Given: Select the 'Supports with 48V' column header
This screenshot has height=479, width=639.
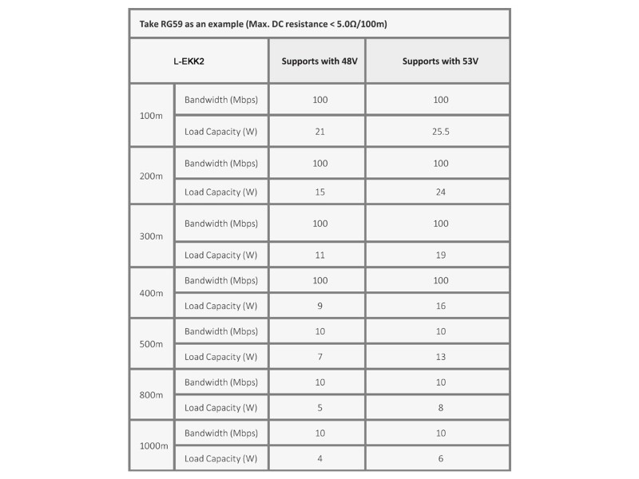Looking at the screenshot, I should click(x=316, y=61).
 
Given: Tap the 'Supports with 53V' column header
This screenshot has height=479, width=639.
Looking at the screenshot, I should click(x=437, y=61).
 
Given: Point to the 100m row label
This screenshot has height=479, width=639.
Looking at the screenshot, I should click(x=151, y=116).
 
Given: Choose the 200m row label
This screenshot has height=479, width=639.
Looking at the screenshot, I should click(x=151, y=176).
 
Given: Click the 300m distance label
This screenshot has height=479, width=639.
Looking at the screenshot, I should click(x=151, y=236).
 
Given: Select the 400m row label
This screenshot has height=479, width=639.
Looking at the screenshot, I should click(x=151, y=293).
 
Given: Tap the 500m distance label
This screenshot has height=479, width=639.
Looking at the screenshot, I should click(x=151, y=344).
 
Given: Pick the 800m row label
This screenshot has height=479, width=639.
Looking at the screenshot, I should click(x=151, y=394).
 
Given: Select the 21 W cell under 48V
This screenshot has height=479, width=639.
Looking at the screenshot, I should click(x=319, y=132).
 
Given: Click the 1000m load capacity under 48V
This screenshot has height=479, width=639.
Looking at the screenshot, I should click(x=319, y=458).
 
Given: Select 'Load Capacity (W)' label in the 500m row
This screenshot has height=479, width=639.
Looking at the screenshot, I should click(x=220, y=357).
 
